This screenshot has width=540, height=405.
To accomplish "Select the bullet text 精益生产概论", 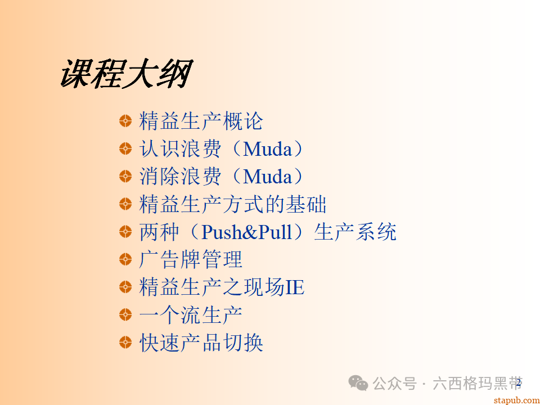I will click(201, 121).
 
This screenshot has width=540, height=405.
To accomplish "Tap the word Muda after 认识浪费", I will click(268, 149).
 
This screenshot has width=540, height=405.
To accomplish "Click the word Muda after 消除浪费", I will click(268, 177).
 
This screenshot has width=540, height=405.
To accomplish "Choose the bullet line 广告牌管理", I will click(191, 259).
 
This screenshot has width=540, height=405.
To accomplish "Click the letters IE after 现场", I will click(295, 287).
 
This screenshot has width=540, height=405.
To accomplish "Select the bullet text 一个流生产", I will click(191, 314).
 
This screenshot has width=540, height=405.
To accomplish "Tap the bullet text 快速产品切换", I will click(201, 343).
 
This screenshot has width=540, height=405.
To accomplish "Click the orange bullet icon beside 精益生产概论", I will click(125, 120).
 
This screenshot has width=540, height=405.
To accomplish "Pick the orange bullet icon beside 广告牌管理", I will click(125, 259).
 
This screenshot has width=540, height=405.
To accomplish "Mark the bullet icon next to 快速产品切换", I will click(125, 342).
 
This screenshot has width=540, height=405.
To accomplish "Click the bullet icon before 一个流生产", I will click(125, 314).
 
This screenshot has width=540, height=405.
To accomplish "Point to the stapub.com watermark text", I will click(516, 400).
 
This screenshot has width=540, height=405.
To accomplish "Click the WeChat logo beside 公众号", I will click(358, 383).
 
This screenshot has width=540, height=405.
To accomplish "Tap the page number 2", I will click(519, 383).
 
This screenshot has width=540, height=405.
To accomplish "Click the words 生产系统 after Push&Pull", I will click(355, 232).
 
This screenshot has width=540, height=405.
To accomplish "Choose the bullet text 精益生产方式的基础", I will click(232, 204).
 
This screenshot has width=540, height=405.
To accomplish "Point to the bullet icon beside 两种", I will click(125, 231).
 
